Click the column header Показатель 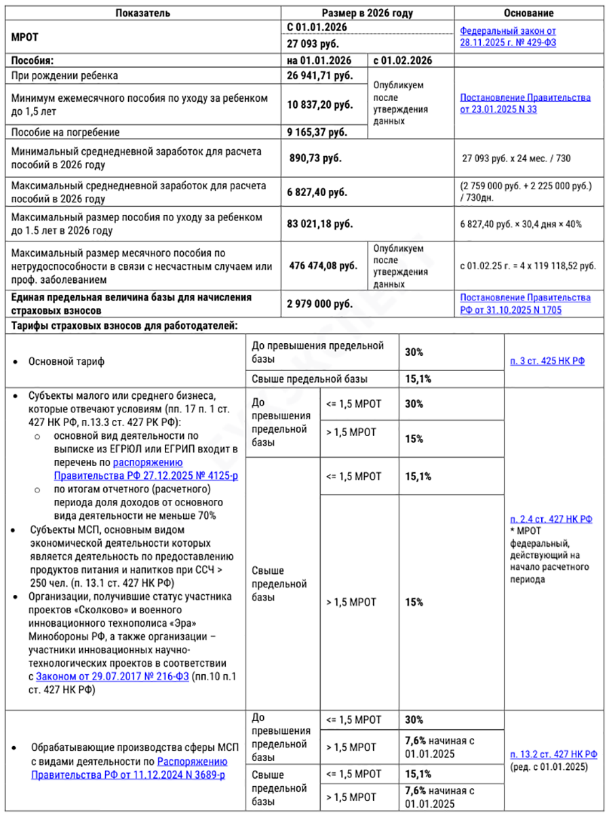[142, 13]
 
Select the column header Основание [528, 13]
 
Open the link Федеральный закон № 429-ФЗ [507, 37]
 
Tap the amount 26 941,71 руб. [319, 76]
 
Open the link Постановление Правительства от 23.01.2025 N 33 [524, 103]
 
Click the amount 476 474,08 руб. [323, 265]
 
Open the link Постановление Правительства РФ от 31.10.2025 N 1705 [524, 303]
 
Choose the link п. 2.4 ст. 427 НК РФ [551, 519]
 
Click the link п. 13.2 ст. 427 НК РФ [553, 754]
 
